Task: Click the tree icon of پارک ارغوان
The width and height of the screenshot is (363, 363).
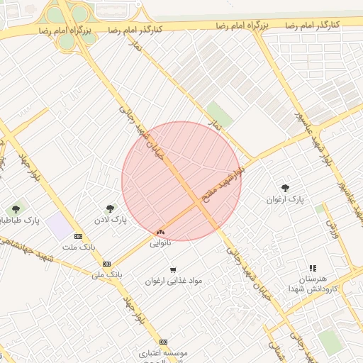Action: click(285, 188)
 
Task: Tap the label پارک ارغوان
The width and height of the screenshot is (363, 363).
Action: click(285, 200)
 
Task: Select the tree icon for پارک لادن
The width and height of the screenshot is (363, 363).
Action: click(110, 208)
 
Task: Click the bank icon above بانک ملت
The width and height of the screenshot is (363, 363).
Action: click(78, 236)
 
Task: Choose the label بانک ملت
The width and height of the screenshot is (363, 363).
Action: click(78, 247)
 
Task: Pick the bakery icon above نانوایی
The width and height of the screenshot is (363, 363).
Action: click(160, 231)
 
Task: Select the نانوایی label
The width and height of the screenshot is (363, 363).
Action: click(160, 242)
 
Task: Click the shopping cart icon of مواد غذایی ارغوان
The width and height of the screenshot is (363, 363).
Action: click(173, 269)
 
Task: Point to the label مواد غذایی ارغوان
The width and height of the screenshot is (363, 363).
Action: click(174, 281)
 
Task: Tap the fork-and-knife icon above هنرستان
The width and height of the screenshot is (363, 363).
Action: click(312, 268)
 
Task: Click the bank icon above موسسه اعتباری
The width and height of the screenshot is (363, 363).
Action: click(164, 340)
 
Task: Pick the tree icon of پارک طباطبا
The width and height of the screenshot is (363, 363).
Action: click(16, 209)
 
